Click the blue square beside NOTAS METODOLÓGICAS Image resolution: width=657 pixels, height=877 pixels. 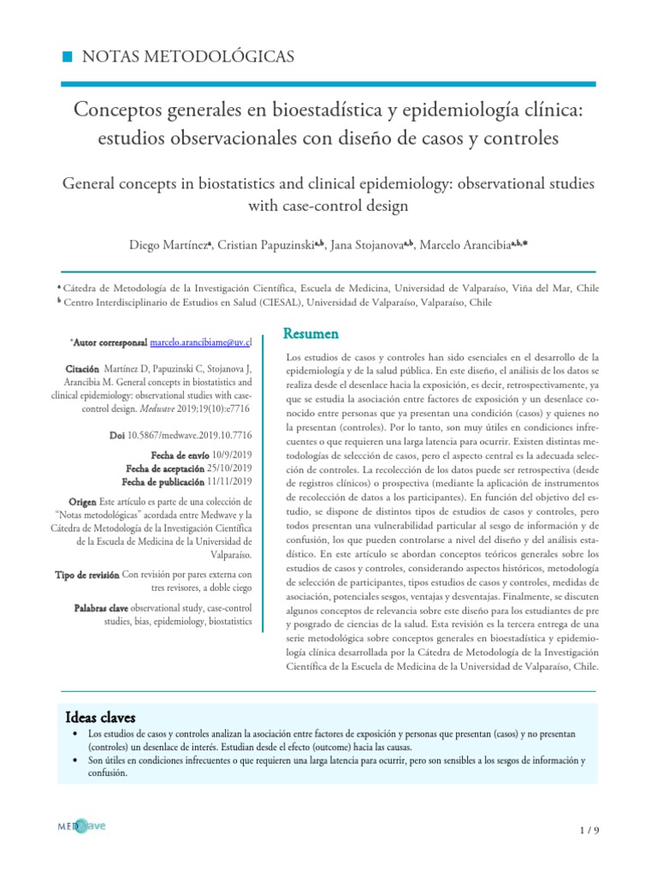coord(68,57)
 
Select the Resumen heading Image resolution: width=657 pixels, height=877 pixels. coord(311,332)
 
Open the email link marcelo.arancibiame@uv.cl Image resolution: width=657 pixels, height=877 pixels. coord(201,342)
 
